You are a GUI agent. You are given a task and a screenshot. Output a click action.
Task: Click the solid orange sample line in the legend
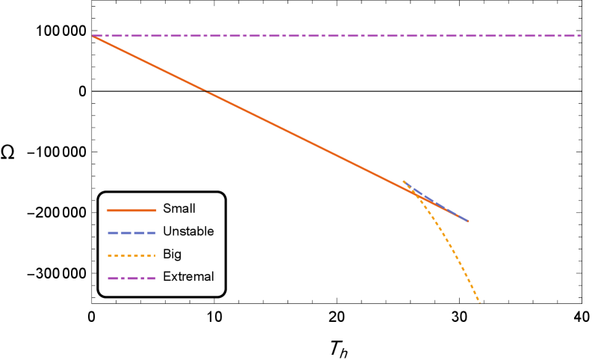coord(131,211)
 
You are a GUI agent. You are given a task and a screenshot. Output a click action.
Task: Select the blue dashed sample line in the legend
coord(131,233)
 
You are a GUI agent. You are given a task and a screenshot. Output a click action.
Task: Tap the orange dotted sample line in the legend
coord(131,255)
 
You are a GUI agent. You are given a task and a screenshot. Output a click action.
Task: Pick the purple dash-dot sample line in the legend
coord(131,278)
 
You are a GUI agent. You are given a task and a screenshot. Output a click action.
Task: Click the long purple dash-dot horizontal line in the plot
coord(336,36)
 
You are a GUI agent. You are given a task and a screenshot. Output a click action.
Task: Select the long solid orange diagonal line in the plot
coord(254,115)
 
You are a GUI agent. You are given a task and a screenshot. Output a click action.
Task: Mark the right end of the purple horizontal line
coord(581,36)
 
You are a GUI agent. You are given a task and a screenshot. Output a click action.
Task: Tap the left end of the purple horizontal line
coord(93,36)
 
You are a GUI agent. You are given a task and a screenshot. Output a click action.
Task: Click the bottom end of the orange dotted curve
coord(479,302)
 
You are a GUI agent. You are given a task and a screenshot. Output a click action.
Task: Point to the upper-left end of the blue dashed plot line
coord(404,181)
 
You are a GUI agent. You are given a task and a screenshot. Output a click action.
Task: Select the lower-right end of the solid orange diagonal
coord(468,221)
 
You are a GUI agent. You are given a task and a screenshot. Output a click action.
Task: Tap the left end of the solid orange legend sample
coord(108,211)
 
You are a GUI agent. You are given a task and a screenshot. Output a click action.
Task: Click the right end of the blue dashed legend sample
coord(156,233)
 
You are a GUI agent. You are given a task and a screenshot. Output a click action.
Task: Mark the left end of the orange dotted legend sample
coord(108,255)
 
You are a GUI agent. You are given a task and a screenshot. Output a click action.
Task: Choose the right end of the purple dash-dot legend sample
coord(156,278)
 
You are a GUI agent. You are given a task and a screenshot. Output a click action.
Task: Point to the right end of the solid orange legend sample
coord(156,211)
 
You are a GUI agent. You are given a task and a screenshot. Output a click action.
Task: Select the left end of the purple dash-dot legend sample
coord(108,278)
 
